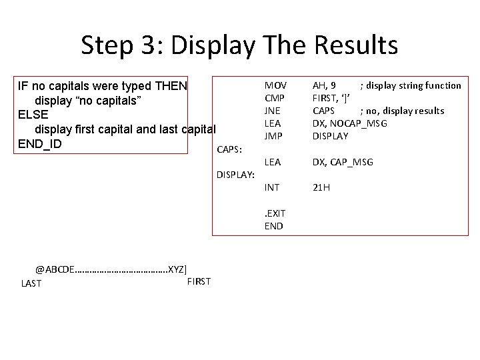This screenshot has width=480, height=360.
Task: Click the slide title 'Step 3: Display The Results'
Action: coord(239,45)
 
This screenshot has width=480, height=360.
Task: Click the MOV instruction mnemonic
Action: coord(275,85)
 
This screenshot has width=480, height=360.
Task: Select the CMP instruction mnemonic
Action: coord(275,98)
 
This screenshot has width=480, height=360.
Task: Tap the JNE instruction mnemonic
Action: coord(273,111)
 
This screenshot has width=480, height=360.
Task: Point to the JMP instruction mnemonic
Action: coord(274,136)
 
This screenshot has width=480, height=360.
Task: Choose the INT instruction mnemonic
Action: coord(272,187)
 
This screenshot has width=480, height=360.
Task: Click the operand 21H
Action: coord(321,187)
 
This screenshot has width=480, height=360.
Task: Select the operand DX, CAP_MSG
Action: coord(343,162)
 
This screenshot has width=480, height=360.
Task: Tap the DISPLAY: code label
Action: coord(235,175)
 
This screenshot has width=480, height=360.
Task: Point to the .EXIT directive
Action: coord(275,213)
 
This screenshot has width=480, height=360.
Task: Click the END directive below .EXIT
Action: coord(273,226)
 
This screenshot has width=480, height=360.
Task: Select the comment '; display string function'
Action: coord(411,85)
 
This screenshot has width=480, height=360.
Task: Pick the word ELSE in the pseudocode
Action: coord(32,114)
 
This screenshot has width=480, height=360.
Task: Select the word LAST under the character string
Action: coord(31,283)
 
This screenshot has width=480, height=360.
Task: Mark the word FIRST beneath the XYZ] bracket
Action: coord(199,281)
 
